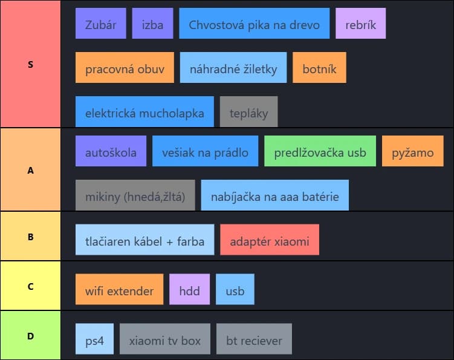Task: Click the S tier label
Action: pos(30,64)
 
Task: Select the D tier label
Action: pos(30,335)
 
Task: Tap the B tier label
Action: pos(30,237)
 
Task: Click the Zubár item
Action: pos(101,24)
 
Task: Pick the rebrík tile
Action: pos(360,24)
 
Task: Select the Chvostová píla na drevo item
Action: pos(254,24)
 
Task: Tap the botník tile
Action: pos(319,68)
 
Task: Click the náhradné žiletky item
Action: pos(233,68)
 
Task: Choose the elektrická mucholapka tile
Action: pos(144,113)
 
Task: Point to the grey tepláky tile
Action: pos(248,113)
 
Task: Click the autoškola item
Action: pos(111,152)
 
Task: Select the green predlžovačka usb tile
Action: pos(320,152)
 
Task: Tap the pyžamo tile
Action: pos(412,152)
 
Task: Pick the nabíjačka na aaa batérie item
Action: pos(274,196)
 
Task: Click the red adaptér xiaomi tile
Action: pos(270,241)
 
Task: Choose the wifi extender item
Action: pos(119,290)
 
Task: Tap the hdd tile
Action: pos(189,290)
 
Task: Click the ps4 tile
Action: pos(95,340)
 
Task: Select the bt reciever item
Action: pos(254,340)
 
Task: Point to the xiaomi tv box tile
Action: pos(165,340)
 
